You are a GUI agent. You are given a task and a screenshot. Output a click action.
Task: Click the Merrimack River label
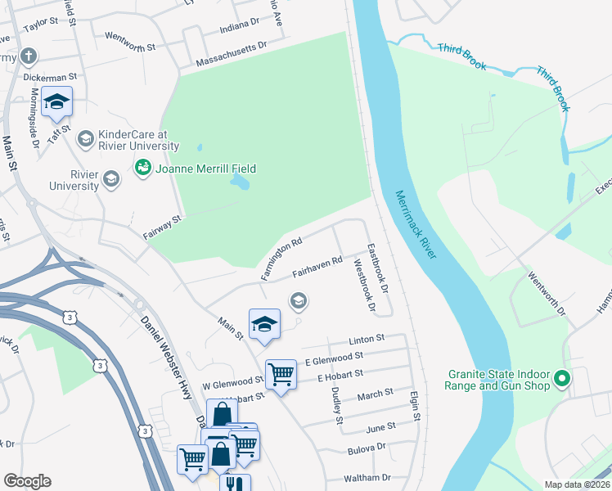416,226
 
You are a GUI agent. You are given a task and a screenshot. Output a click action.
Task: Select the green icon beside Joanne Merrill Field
142,168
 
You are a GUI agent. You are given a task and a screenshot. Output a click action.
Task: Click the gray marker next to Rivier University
111,179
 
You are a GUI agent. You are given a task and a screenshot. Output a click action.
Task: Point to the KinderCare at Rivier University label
137,140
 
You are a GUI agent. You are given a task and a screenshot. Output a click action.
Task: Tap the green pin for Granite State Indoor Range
561,379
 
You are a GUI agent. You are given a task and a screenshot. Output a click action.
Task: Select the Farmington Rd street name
282,259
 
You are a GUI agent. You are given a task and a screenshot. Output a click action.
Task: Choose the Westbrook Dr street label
362,286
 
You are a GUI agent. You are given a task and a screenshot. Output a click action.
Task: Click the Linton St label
366,339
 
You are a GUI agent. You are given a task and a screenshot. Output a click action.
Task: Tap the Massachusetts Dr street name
232,55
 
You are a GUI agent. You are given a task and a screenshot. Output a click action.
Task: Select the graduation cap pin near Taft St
57,102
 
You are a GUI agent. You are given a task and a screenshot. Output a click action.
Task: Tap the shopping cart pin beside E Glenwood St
281,374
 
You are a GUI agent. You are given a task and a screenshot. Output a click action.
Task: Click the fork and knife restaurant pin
234,483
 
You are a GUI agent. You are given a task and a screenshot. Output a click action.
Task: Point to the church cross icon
29,56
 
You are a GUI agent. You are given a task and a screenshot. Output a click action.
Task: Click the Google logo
27,481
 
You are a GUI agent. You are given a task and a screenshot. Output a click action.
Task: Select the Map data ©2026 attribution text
577,484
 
